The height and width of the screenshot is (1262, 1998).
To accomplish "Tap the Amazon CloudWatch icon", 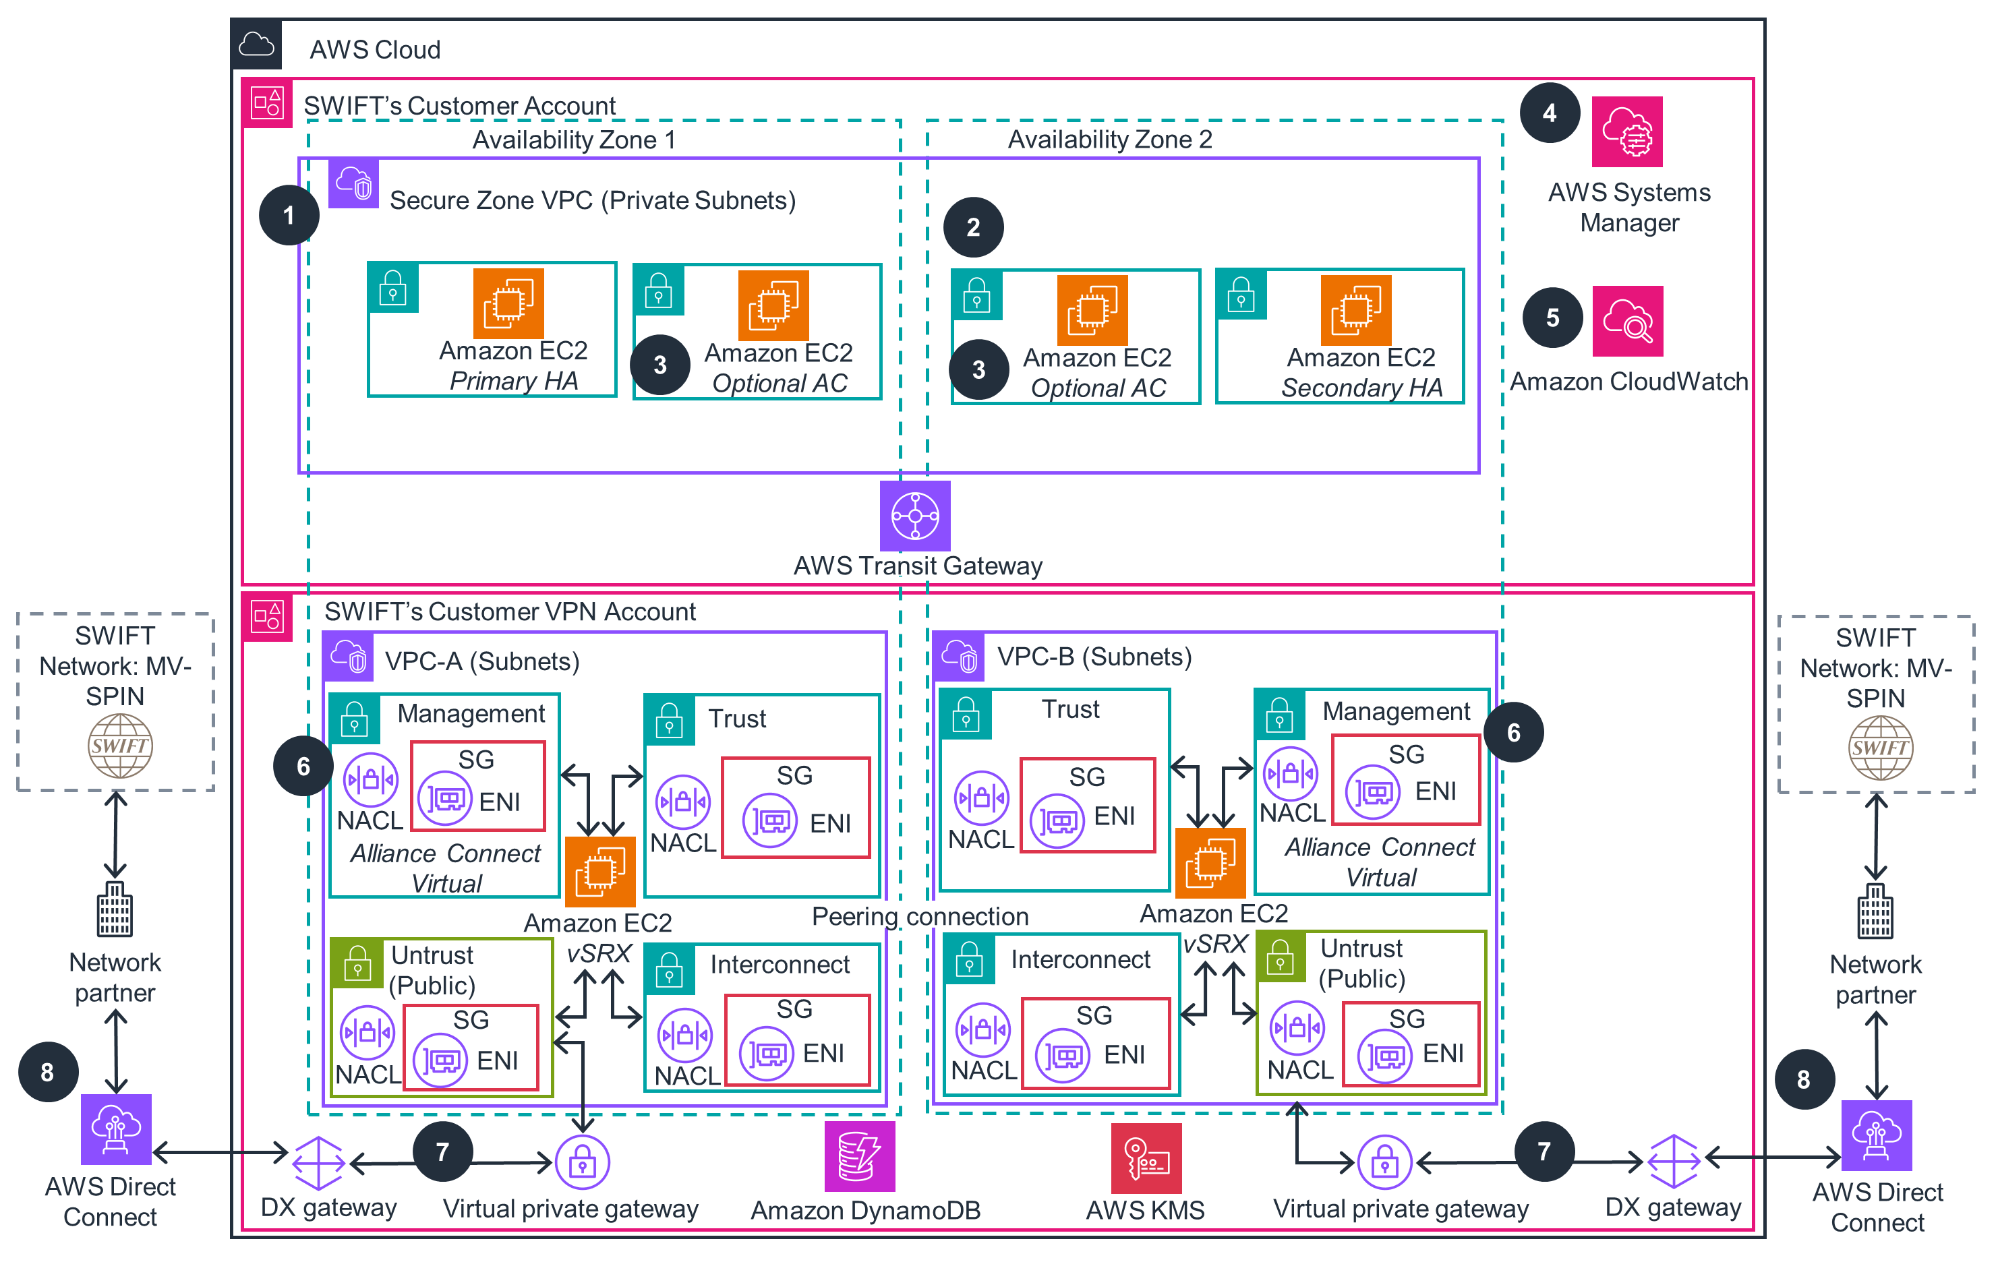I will (1627, 320).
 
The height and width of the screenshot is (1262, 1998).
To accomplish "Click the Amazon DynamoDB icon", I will (860, 1155).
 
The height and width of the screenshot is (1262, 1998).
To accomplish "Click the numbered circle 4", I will (1549, 113).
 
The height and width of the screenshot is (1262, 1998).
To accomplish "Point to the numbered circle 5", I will (1552, 317).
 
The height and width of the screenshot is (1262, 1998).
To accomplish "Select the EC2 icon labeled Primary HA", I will (508, 303).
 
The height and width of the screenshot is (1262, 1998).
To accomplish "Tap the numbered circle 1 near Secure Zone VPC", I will (288, 215).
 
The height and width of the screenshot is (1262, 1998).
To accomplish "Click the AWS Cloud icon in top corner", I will (256, 44).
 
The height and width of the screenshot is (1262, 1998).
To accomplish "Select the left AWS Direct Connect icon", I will (115, 1129).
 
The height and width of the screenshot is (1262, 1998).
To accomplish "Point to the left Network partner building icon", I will (115, 909).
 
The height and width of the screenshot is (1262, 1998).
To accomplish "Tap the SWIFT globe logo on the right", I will (1879, 747).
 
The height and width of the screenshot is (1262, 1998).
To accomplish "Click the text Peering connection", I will (919, 916).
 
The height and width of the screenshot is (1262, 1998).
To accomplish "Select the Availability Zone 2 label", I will (1109, 140).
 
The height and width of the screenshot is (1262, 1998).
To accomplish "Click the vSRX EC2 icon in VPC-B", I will (1210, 863).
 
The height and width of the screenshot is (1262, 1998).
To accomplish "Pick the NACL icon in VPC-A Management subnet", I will (370, 779).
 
